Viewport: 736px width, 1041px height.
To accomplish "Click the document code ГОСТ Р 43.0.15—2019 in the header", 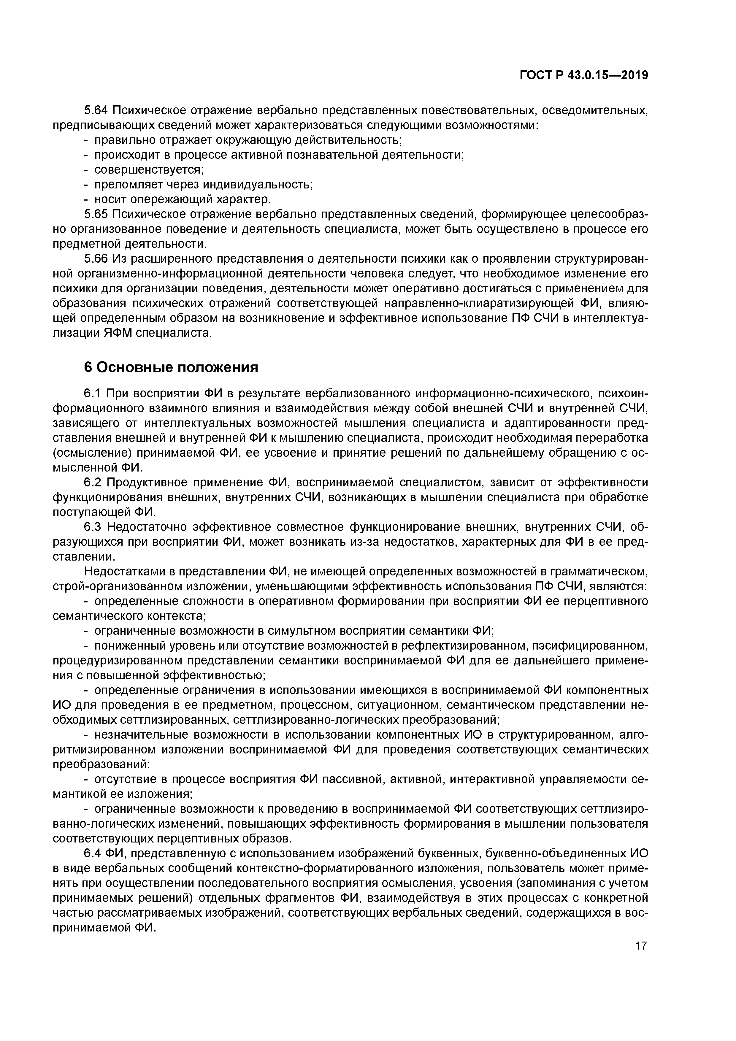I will [584, 75].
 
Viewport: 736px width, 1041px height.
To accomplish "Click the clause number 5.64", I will [96, 110].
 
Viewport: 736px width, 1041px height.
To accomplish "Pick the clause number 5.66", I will [96, 259].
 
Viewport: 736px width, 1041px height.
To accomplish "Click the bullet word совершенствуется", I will [149, 169].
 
